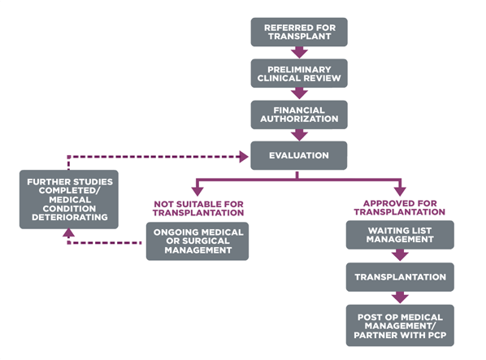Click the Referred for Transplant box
tap(298, 32)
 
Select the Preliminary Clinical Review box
tap(298, 73)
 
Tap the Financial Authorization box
tap(298, 115)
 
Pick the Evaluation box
tap(298, 155)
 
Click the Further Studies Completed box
tap(69, 199)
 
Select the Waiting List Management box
tap(400, 235)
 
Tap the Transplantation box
tap(400, 277)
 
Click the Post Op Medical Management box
tap(400, 324)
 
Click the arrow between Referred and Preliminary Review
tap(299, 53)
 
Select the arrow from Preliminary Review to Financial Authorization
tap(299, 94)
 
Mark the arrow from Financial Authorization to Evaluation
tap(299, 136)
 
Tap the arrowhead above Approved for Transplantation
tap(400, 189)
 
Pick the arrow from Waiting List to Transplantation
tap(400, 256)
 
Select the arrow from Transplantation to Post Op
tap(400, 298)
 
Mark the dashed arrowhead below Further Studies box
tap(69, 232)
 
